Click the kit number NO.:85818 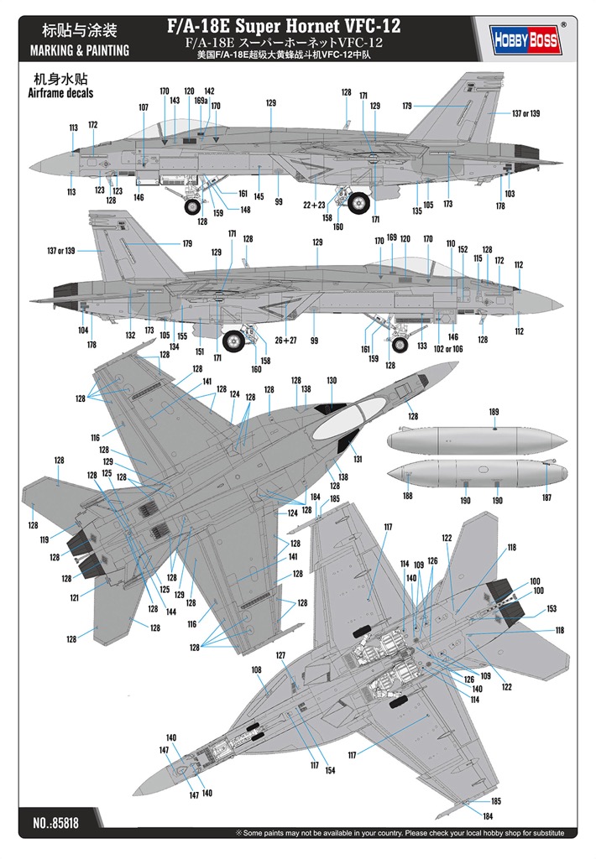coord(56,822)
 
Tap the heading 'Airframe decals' coord(61,93)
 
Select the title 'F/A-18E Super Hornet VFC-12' coord(284,25)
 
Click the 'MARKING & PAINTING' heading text coord(80,51)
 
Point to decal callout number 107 coord(143,107)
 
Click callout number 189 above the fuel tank coord(494,412)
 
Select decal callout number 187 coord(546,497)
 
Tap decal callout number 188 coord(407,496)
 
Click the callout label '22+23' coord(314,205)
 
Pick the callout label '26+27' coord(285,341)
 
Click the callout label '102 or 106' coord(448,349)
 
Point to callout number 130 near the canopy coord(332,380)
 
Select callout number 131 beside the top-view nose coord(358,459)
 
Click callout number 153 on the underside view coord(552,609)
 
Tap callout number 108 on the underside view coord(257,669)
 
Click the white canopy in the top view coord(340,419)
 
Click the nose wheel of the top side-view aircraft coord(193,206)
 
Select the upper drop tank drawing coord(477,440)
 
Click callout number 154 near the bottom coord(330,770)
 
